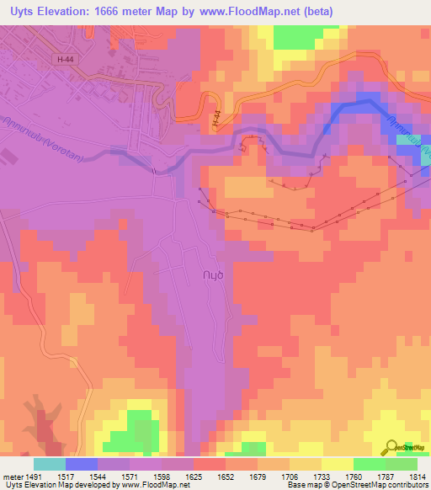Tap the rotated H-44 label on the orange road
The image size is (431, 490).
point(217,119)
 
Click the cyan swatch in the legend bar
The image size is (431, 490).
point(50,464)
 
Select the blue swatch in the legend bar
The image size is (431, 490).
point(82,464)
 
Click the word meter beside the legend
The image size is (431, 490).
point(11,476)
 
